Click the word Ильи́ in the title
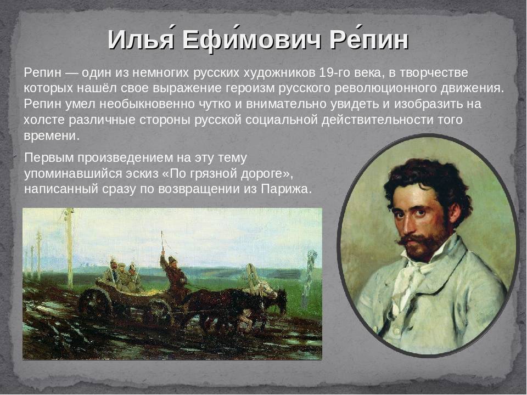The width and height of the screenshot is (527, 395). coord(141,40)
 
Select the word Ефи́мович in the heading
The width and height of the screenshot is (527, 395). coord(251,40)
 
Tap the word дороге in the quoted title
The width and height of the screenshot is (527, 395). coord(266,174)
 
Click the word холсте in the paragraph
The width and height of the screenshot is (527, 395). coord(43,120)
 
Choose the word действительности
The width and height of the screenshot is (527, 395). coord(377,120)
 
